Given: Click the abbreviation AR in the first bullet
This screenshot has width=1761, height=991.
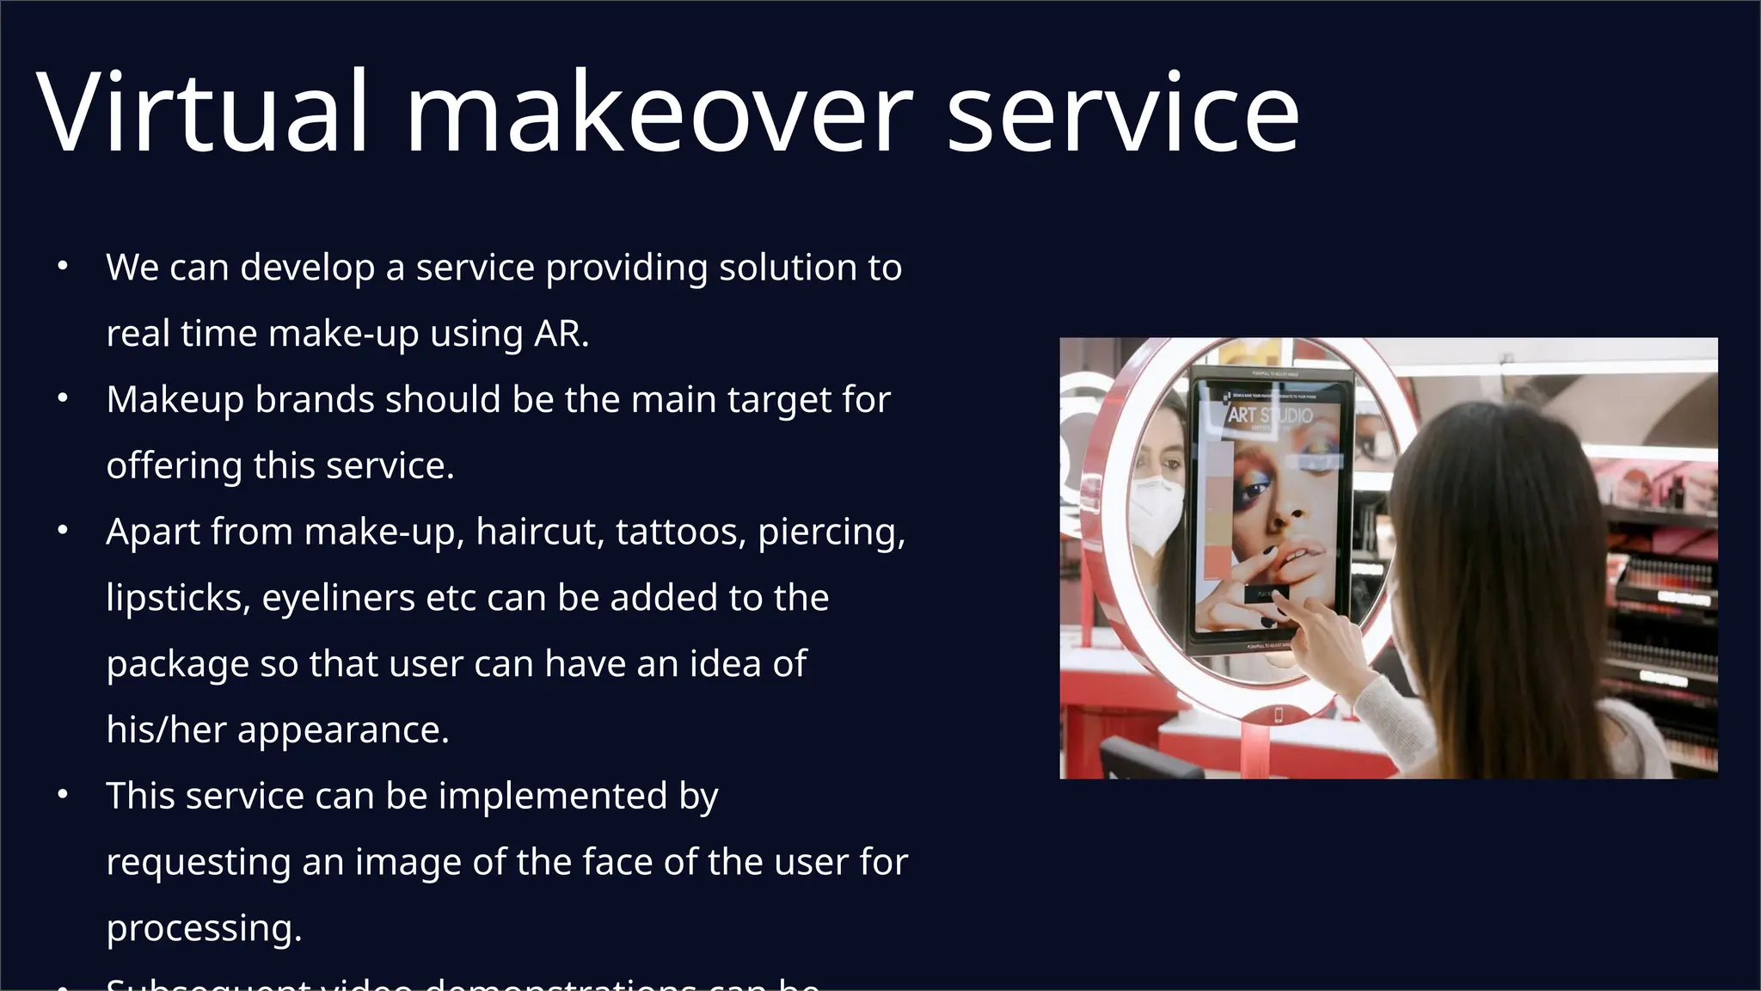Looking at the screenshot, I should (x=558, y=334).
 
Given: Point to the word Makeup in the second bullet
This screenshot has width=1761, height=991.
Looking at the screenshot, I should (x=175, y=400).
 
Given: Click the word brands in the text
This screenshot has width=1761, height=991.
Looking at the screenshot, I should (x=314, y=400).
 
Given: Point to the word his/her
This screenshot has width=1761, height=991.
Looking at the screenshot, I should (x=166, y=729).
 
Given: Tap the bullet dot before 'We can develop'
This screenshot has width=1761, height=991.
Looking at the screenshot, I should (x=62, y=268).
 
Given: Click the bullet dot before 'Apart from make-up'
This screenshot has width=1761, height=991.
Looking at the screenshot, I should (x=62, y=532).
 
